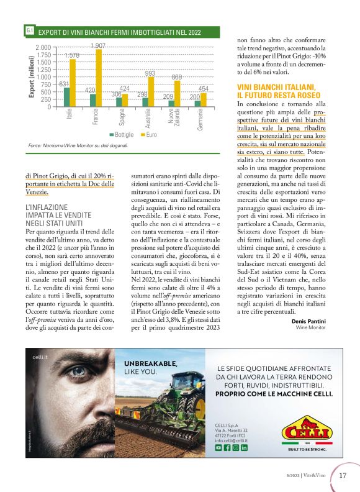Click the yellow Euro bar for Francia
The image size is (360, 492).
click(98, 78)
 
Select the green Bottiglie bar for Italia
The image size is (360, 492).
click(66, 97)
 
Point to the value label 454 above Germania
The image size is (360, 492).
click(204, 88)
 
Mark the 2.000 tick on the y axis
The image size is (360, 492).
click(43, 48)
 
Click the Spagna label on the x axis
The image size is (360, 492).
click(122, 117)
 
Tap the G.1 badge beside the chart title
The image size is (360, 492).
click(30, 30)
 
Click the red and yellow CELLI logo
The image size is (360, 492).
click(305, 432)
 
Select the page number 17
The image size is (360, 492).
click(343, 476)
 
